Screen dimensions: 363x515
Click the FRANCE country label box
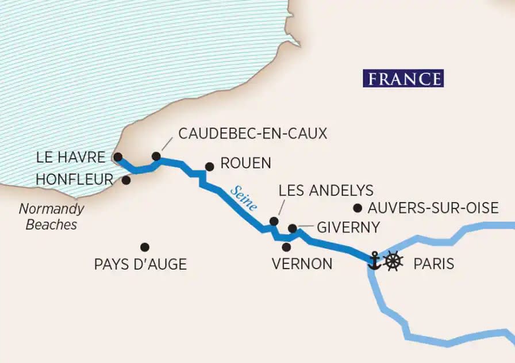403,78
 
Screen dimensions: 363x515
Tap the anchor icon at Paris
375,261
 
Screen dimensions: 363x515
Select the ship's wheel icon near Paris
393,261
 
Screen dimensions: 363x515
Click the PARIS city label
433,264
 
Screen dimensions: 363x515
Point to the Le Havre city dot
118,156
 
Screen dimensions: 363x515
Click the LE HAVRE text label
70,157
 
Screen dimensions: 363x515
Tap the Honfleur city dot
126,180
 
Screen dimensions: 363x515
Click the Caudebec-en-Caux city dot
156,156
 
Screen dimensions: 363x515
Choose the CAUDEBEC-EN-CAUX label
252,133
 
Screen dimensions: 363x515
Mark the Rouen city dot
210,167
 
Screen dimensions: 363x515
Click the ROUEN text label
245,163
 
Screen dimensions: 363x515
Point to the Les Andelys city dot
274,221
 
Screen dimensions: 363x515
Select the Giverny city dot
292,228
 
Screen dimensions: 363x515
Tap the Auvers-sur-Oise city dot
358,208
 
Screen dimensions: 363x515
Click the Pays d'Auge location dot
145,247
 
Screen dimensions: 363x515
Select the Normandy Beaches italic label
51,216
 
